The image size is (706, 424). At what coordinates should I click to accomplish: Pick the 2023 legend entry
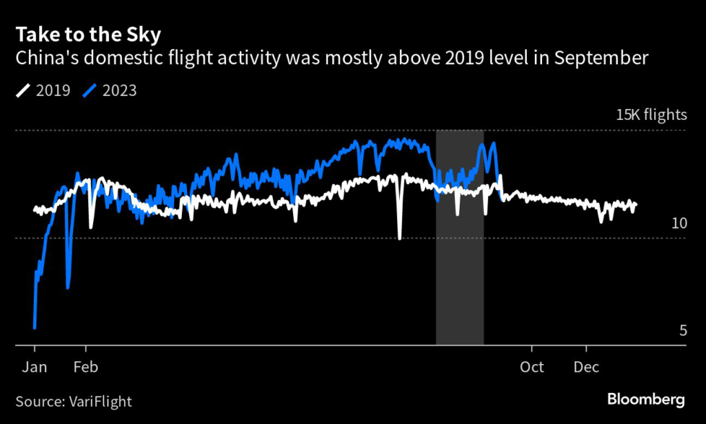point(110,90)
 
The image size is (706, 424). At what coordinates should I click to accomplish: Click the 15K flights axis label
point(651,115)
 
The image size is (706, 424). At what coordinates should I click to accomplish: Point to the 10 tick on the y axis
point(679,223)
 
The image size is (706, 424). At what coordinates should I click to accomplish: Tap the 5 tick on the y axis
point(683,331)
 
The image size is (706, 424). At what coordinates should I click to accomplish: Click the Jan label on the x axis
point(34,367)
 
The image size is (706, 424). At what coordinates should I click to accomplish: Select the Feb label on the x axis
point(86,367)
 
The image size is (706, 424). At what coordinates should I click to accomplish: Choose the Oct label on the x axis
point(532,367)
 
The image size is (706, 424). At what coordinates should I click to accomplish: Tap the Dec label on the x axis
point(586,367)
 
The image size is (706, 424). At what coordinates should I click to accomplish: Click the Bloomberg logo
point(646,399)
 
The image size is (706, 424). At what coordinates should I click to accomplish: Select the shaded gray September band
point(459,276)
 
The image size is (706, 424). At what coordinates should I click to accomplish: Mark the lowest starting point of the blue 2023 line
point(34,328)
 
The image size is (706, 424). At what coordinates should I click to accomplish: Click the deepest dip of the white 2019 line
point(400,238)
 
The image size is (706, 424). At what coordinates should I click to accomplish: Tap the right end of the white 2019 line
point(636,204)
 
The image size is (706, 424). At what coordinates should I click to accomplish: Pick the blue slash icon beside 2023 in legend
point(88,90)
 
